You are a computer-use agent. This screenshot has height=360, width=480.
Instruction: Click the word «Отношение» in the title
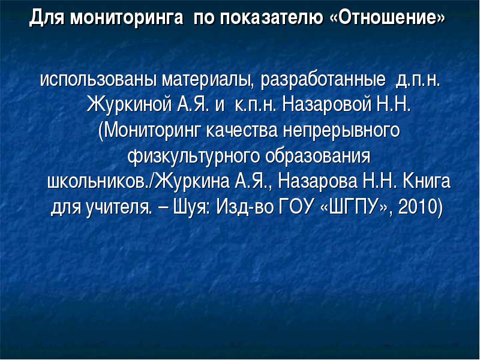coord(388,17)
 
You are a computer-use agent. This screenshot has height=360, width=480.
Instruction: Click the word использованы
coord(98,80)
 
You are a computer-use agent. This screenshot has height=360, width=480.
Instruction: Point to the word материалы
coord(208,81)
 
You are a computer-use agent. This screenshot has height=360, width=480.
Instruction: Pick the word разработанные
coord(323,81)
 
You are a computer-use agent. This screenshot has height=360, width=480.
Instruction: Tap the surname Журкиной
coord(130,105)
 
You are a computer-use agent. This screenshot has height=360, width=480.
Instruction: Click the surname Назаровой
coord(327,105)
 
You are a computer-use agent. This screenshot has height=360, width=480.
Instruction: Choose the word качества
coord(242,131)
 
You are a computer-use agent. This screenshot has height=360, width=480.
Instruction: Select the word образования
coord(318,157)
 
